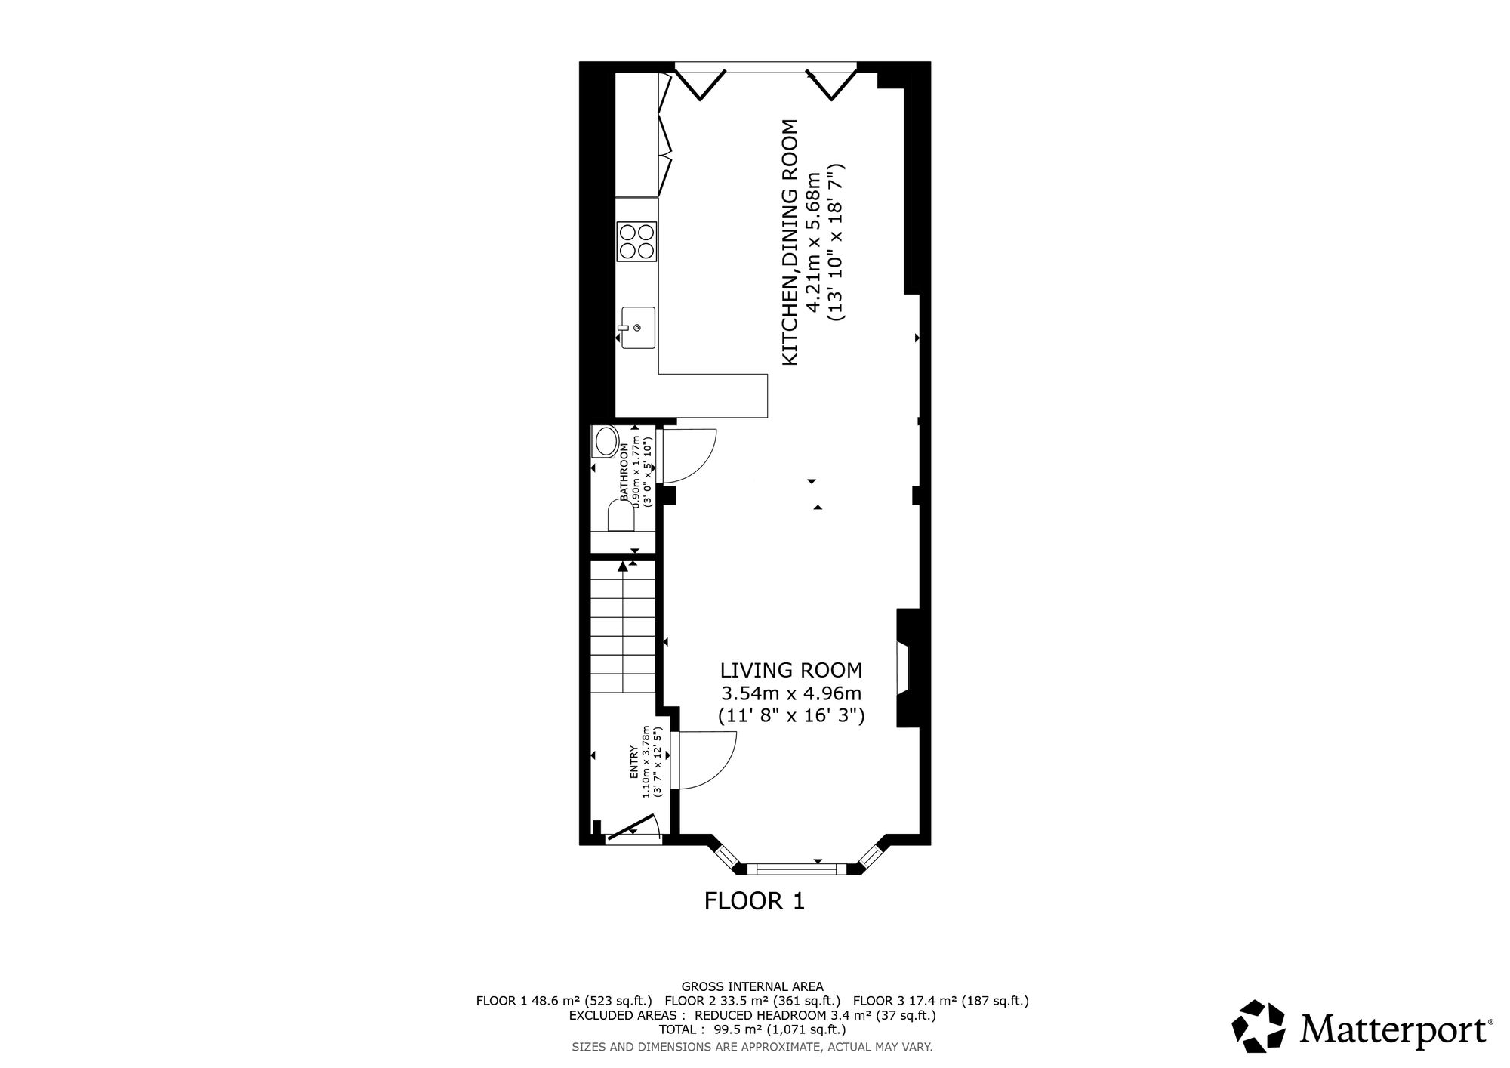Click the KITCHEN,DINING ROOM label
tap(789, 242)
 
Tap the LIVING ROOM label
tap(790, 670)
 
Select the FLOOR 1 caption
tap(754, 900)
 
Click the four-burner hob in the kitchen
tap(636, 242)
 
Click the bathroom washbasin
tap(605, 443)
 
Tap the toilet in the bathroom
tap(621, 517)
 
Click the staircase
tap(622, 627)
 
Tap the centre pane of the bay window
tap(797, 869)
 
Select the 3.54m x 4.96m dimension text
tap(791, 693)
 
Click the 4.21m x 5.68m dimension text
tap(812, 242)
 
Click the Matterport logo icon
tap(1259, 1026)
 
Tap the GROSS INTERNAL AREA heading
tap(753, 986)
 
